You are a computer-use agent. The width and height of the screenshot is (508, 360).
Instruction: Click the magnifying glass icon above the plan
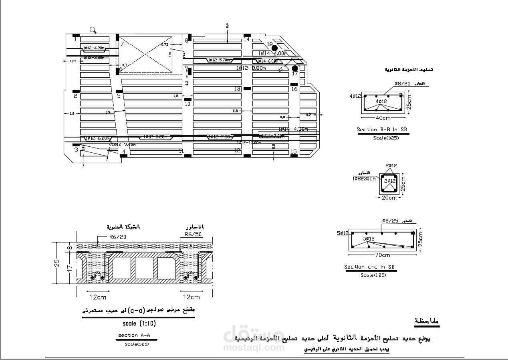pyautogui.click(x=93, y=30)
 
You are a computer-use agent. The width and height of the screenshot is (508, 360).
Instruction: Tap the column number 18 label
pyautogui.click(x=270, y=44)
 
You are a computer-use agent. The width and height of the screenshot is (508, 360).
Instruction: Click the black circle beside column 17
pyautogui.click(x=295, y=68)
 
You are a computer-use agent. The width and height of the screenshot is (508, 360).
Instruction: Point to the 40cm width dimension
pyautogui.click(x=383, y=118)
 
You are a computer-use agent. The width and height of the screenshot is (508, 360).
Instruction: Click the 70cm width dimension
pyautogui.click(x=383, y=255)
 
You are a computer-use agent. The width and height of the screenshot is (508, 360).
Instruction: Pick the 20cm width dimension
pyautogui.click(x=389, y=198)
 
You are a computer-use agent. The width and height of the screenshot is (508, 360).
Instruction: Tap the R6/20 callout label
pyautogui.click(x=117, y=237)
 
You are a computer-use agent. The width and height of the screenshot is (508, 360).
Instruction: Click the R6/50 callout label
pyautogui.click(x=193, y=234)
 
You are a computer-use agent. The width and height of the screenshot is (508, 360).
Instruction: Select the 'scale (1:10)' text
pyautogui.click(x=139, y=323)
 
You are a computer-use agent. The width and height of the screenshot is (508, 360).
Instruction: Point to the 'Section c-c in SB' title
pyautogui.click(x=369, y=267)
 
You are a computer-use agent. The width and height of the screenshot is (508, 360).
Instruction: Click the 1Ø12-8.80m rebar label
pyautogui.click(x=251, y=68)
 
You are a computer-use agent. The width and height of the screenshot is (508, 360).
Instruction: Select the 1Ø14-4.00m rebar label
pyautogui.click(x=273, y=53)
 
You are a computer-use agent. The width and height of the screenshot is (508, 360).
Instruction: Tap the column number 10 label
pyautogui.click(x=187, y=104)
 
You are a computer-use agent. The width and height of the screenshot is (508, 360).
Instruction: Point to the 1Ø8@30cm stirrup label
pyautogui.click(x=364, y=178)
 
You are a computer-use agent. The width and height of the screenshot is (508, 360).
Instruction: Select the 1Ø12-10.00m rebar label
pyautogui.click(x=249, y=143)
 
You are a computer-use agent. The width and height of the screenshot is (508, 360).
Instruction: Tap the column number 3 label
pyautogui.click(x=76, y=150)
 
